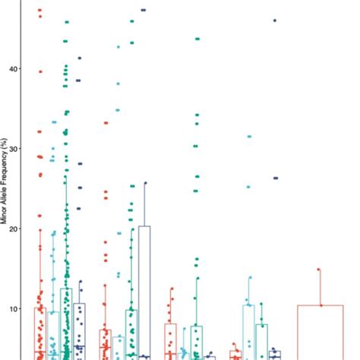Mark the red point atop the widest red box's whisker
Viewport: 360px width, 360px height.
tap(319, 270)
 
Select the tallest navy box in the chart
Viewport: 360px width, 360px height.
tap(144, 292)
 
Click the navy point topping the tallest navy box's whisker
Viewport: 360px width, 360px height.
tap(145, 183)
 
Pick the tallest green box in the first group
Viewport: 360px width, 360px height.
tap(67, 323)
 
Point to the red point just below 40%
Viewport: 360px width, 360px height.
tap(40, 71)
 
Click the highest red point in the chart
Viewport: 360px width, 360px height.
tap(39, 10)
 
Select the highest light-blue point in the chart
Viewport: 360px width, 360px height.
tap(118, 47)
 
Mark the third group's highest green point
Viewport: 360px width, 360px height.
tap(197, 38)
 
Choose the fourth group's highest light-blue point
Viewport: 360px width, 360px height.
tap(248, 137)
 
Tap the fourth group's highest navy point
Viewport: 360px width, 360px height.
tap(274, 21)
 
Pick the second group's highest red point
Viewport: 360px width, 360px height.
tap(106, 122)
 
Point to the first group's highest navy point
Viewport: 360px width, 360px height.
tap(80, 58)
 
